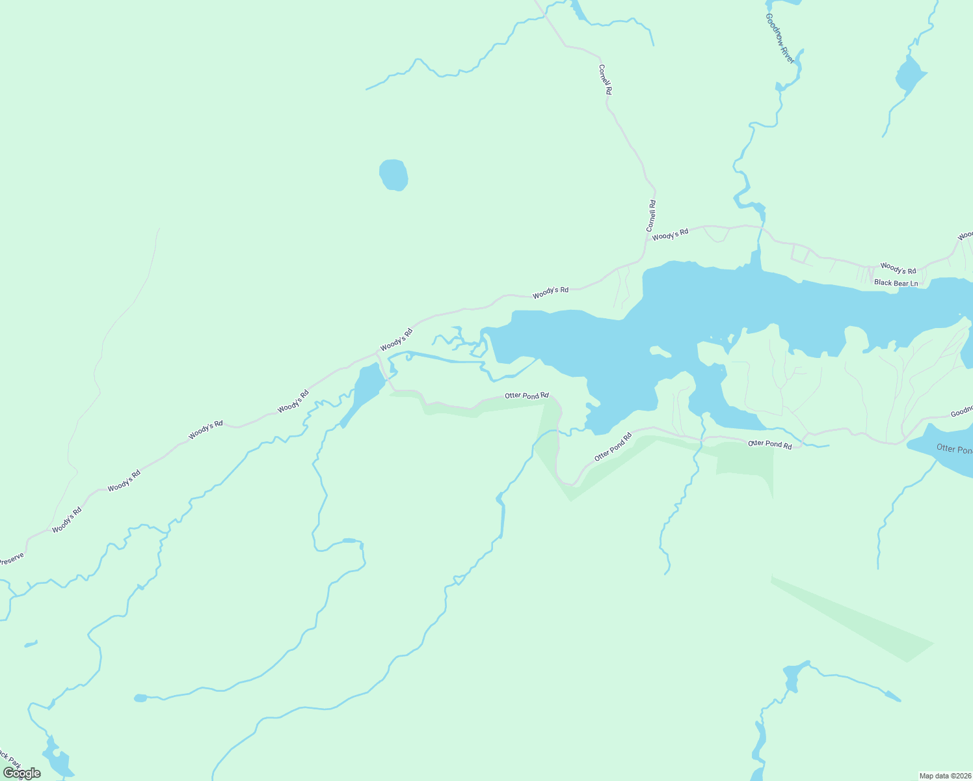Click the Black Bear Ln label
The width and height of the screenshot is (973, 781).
[896, 283]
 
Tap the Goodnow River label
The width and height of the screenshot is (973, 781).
[780, 38]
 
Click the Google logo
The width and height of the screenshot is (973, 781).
[21, 773]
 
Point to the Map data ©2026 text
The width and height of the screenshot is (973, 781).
[944, 776]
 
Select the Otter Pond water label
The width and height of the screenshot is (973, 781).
[954, 448]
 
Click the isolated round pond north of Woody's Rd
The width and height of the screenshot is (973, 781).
[393, 175]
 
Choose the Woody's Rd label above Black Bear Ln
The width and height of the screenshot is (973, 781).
[898, 268]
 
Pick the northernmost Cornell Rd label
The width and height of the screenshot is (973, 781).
[606, 79]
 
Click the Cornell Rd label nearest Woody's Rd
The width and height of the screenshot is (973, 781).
[651, 216]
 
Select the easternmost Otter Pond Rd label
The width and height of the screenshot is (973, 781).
[770, 445]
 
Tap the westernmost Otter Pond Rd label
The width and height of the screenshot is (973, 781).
[527, 395]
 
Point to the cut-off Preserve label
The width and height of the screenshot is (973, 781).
[11, 559]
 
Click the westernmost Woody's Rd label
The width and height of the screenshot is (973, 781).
[67, 520]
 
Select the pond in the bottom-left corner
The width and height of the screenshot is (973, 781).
[55, 758]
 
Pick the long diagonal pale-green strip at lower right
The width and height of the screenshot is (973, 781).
[852, 618]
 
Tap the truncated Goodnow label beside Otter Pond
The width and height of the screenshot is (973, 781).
[961, 411]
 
